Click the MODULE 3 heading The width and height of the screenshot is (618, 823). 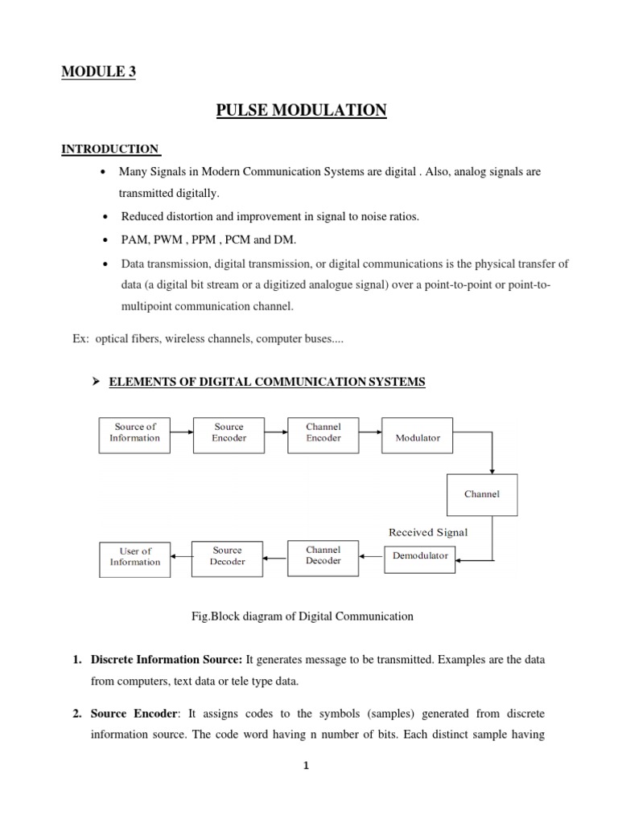[99, 72]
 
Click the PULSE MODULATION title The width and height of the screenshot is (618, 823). [302, 110]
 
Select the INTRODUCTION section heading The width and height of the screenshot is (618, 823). [110, 149]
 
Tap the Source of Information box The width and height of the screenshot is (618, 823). [135, 433]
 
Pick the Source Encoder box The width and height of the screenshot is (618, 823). [229, 433]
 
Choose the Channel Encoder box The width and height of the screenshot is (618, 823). [323, 433]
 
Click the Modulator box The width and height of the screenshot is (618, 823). [418, 438]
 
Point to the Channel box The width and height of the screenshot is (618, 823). [482, 493]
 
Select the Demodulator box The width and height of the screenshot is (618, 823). [420, 555]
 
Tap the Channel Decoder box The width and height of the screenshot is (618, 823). [323, 555]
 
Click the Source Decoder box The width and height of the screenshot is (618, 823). [227, 556]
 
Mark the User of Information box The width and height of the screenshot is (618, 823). [135, 557]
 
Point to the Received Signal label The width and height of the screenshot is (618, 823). [428, 532]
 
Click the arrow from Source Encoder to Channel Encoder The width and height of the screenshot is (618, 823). [276, 432]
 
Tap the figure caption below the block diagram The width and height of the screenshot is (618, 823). [301, 616]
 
